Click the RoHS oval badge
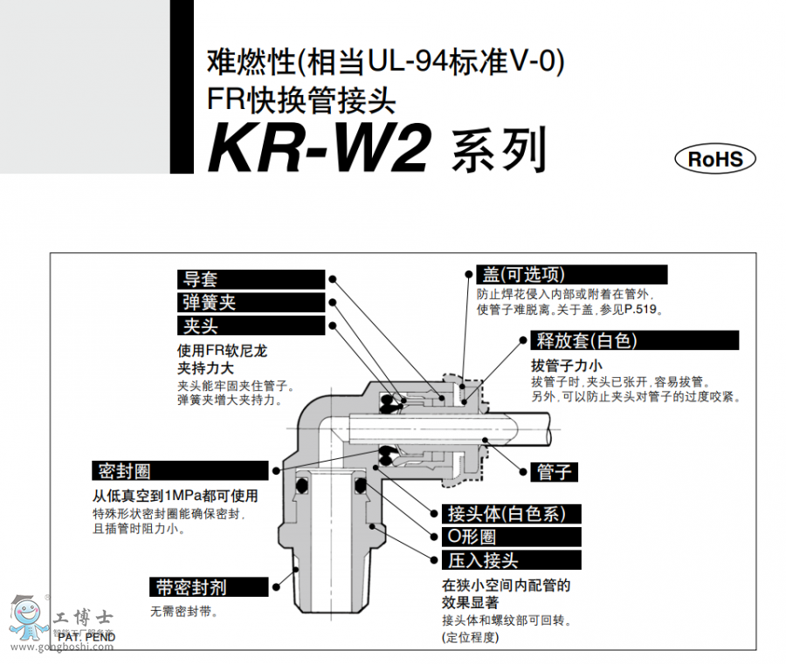715,159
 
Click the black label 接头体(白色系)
510,514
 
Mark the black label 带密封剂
199,586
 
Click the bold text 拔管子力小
567,366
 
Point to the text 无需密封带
184,612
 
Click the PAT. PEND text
86,637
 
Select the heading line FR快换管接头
301,101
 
